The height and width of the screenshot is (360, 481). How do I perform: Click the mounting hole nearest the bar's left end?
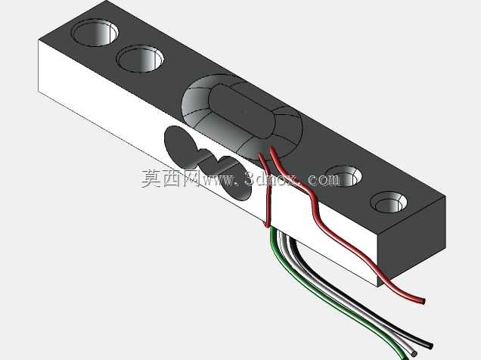tap(95, 33)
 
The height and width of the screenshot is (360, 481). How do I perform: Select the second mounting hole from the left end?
tap(140, 58)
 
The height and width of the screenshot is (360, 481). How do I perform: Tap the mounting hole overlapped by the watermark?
tap(344, 175)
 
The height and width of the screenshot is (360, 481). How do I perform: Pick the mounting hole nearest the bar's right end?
tap(389, 202)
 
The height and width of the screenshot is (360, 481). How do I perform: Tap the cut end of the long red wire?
tap(424, 301)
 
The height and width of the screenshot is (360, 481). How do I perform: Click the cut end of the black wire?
tap(430, 346)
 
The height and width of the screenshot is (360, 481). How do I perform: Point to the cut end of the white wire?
tap(414, 354)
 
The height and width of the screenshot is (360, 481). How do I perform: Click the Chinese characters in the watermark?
tap(171, 178)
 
